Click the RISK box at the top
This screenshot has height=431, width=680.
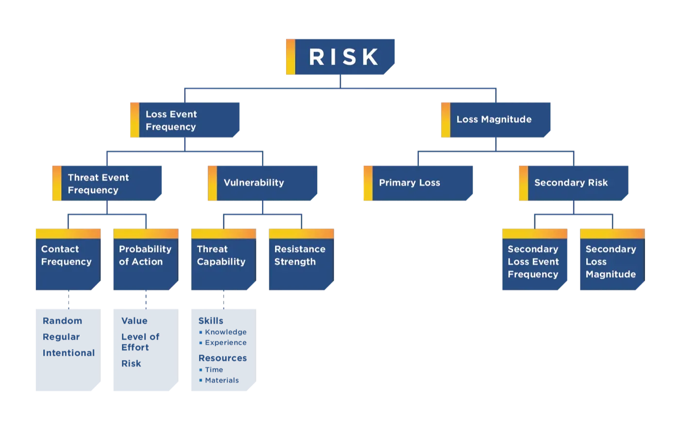coord(340,57)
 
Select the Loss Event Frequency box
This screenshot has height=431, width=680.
coord(185,120)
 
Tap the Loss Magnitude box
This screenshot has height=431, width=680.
coord(496,120)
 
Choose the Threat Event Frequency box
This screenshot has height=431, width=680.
coord(107,183)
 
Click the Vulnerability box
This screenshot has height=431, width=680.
coord(263,183)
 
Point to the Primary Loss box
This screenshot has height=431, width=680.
coord(418,183)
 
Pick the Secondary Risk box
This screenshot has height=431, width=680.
coord(574,183)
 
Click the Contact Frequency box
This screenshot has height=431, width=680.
coord(68,259)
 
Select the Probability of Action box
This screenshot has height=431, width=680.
coord(146,259)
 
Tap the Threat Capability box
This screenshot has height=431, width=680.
coord(224,259)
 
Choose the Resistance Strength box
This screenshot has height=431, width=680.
coord(302,259)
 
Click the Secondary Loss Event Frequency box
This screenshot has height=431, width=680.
coord(535,259)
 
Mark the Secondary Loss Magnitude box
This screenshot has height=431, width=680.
coord(612,259)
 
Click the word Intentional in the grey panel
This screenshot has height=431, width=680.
coord(68,353)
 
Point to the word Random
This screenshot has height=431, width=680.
coord(62,321)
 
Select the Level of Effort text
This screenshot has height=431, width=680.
coord(140,342)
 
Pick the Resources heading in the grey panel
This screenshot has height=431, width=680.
coord(222,358)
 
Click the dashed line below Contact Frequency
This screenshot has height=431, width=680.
coord(68,299)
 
